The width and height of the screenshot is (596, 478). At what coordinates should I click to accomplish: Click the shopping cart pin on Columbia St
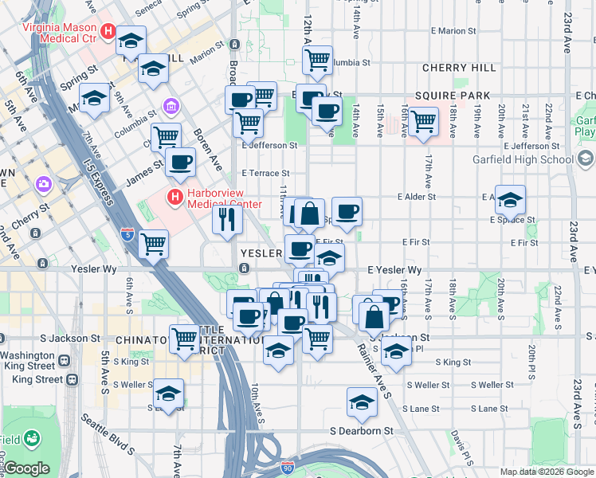pos(317,60)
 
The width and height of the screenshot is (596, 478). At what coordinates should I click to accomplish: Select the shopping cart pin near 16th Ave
pos(422,121)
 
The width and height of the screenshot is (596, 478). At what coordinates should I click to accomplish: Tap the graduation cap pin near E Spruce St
pos(509,198)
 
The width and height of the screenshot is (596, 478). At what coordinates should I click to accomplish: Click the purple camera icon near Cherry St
pos(43,185)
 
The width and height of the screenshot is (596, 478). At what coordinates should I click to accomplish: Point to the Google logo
pos(25,468)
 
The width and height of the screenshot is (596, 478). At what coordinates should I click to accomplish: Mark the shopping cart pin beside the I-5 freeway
pos(152,244)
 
